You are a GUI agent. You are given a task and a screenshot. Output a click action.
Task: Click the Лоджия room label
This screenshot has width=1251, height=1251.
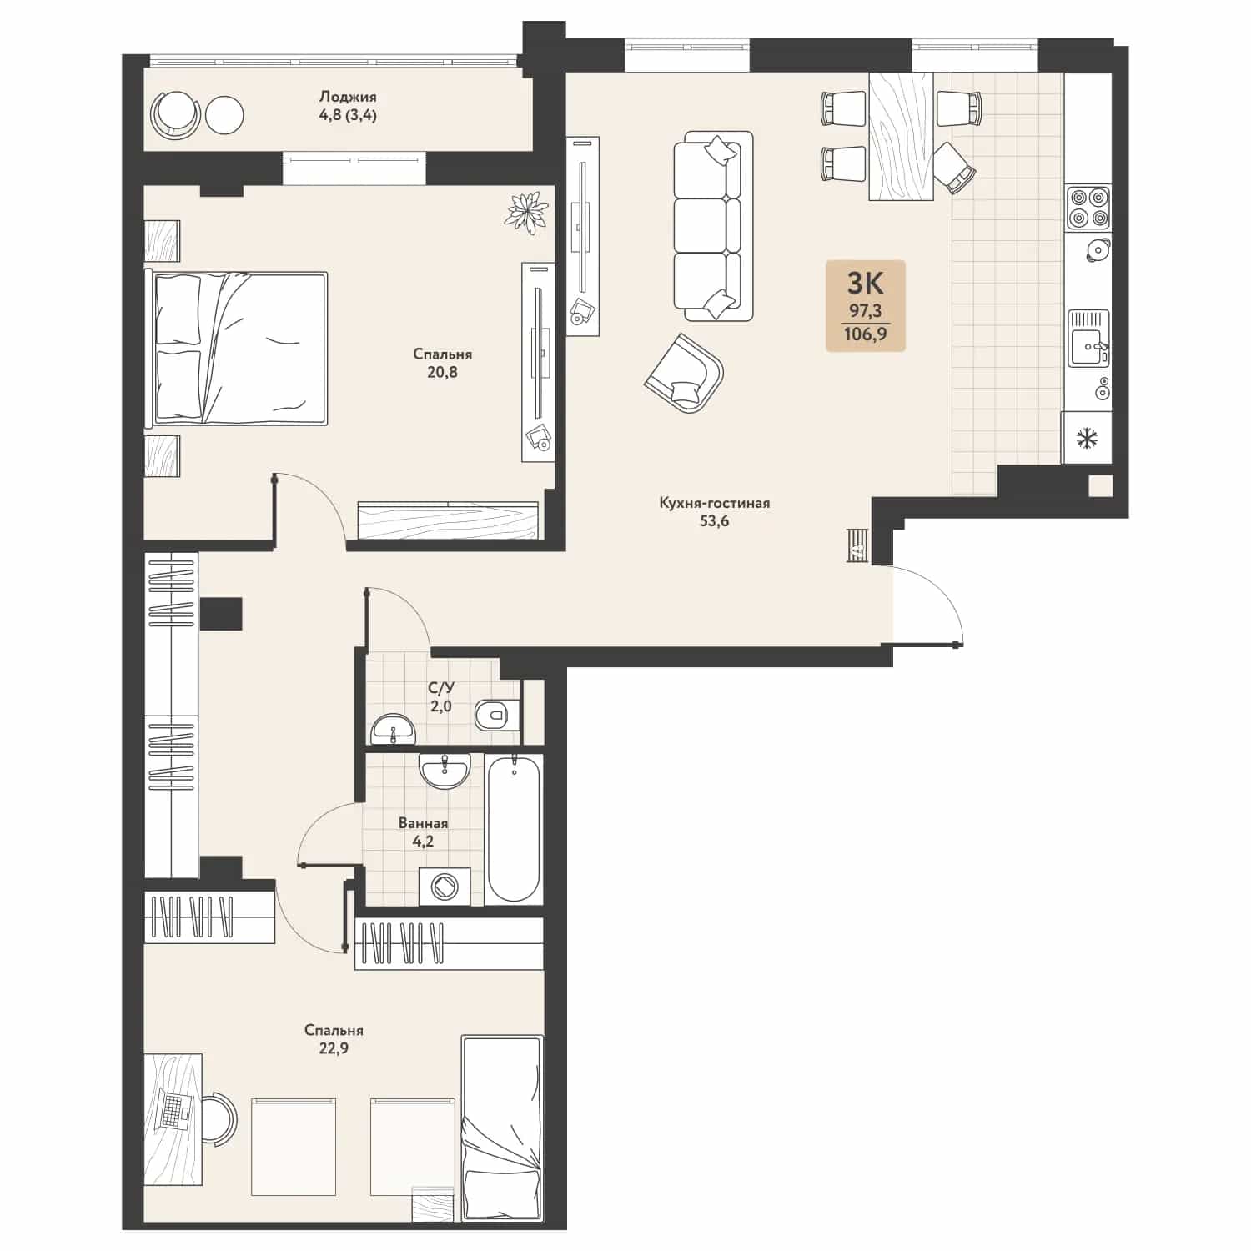(348, 97)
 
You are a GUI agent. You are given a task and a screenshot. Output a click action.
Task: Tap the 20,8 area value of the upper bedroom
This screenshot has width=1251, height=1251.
(442, 373)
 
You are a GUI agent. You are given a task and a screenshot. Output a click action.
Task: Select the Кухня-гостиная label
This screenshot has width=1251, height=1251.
(714, 503)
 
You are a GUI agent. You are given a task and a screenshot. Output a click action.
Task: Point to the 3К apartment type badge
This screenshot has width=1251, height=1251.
(865, 284)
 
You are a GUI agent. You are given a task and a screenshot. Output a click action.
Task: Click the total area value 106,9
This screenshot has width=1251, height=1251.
(865, 335)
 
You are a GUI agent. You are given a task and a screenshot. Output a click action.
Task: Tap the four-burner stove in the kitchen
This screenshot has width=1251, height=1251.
(1088, 208)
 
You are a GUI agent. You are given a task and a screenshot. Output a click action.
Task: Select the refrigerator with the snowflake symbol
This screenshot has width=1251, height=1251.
(1087, 437)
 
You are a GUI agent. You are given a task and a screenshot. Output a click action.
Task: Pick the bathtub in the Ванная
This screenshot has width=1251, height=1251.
(514, 828)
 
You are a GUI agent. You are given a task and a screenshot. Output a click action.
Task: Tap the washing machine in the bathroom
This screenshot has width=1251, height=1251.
(444, 886)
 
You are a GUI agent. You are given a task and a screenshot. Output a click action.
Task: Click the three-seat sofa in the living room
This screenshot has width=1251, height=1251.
(708, 225)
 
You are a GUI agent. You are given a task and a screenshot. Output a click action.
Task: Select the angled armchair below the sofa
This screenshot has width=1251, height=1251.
(685, 373)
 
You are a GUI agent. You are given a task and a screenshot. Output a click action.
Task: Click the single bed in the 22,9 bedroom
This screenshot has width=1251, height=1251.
(502, 1130)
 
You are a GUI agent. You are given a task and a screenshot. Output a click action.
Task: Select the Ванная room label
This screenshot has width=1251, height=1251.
(423, 823)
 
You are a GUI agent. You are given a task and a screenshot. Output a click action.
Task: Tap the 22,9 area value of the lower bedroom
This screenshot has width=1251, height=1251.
(334, 1048)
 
